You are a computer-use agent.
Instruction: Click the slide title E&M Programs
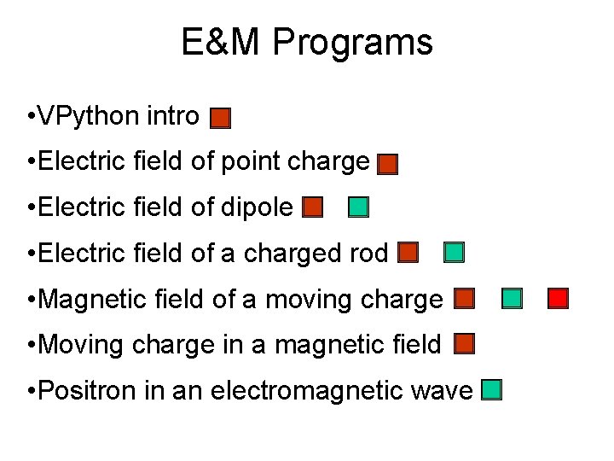click(x=306, y=42)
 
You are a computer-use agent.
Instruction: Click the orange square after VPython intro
click(x=221, y=118)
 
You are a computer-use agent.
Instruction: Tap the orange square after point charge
click(x=388, y=164)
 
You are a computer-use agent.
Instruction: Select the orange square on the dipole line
click(x=313, y=207)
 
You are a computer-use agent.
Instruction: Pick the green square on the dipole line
click(x=359, y=207)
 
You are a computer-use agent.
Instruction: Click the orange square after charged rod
click(x=408, y=253)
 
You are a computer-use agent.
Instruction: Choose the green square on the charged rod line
click(x=455, y=253)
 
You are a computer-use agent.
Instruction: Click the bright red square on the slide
click(x=558, y=298)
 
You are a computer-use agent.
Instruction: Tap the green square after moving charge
click(x=512, y=298)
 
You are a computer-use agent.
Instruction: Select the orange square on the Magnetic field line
click(x=464, y=298)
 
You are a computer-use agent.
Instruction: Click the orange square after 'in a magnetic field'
click(x=464, y=344)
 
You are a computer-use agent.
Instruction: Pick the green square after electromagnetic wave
click(x=491, y=390)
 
